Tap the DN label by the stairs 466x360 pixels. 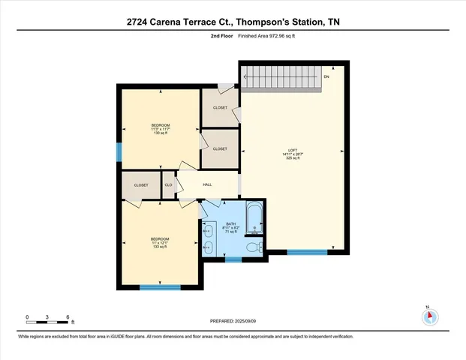326,76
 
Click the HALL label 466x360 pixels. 208,184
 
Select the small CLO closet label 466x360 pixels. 169,184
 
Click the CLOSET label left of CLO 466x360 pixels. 141,184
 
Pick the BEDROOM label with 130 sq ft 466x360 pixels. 161,124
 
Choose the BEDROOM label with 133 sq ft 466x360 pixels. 160,240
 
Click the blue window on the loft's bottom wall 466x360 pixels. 308,252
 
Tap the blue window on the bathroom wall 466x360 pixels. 233,259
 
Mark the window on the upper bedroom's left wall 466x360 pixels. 119,152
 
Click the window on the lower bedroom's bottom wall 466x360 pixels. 160,286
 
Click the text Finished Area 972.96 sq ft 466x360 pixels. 261,36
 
